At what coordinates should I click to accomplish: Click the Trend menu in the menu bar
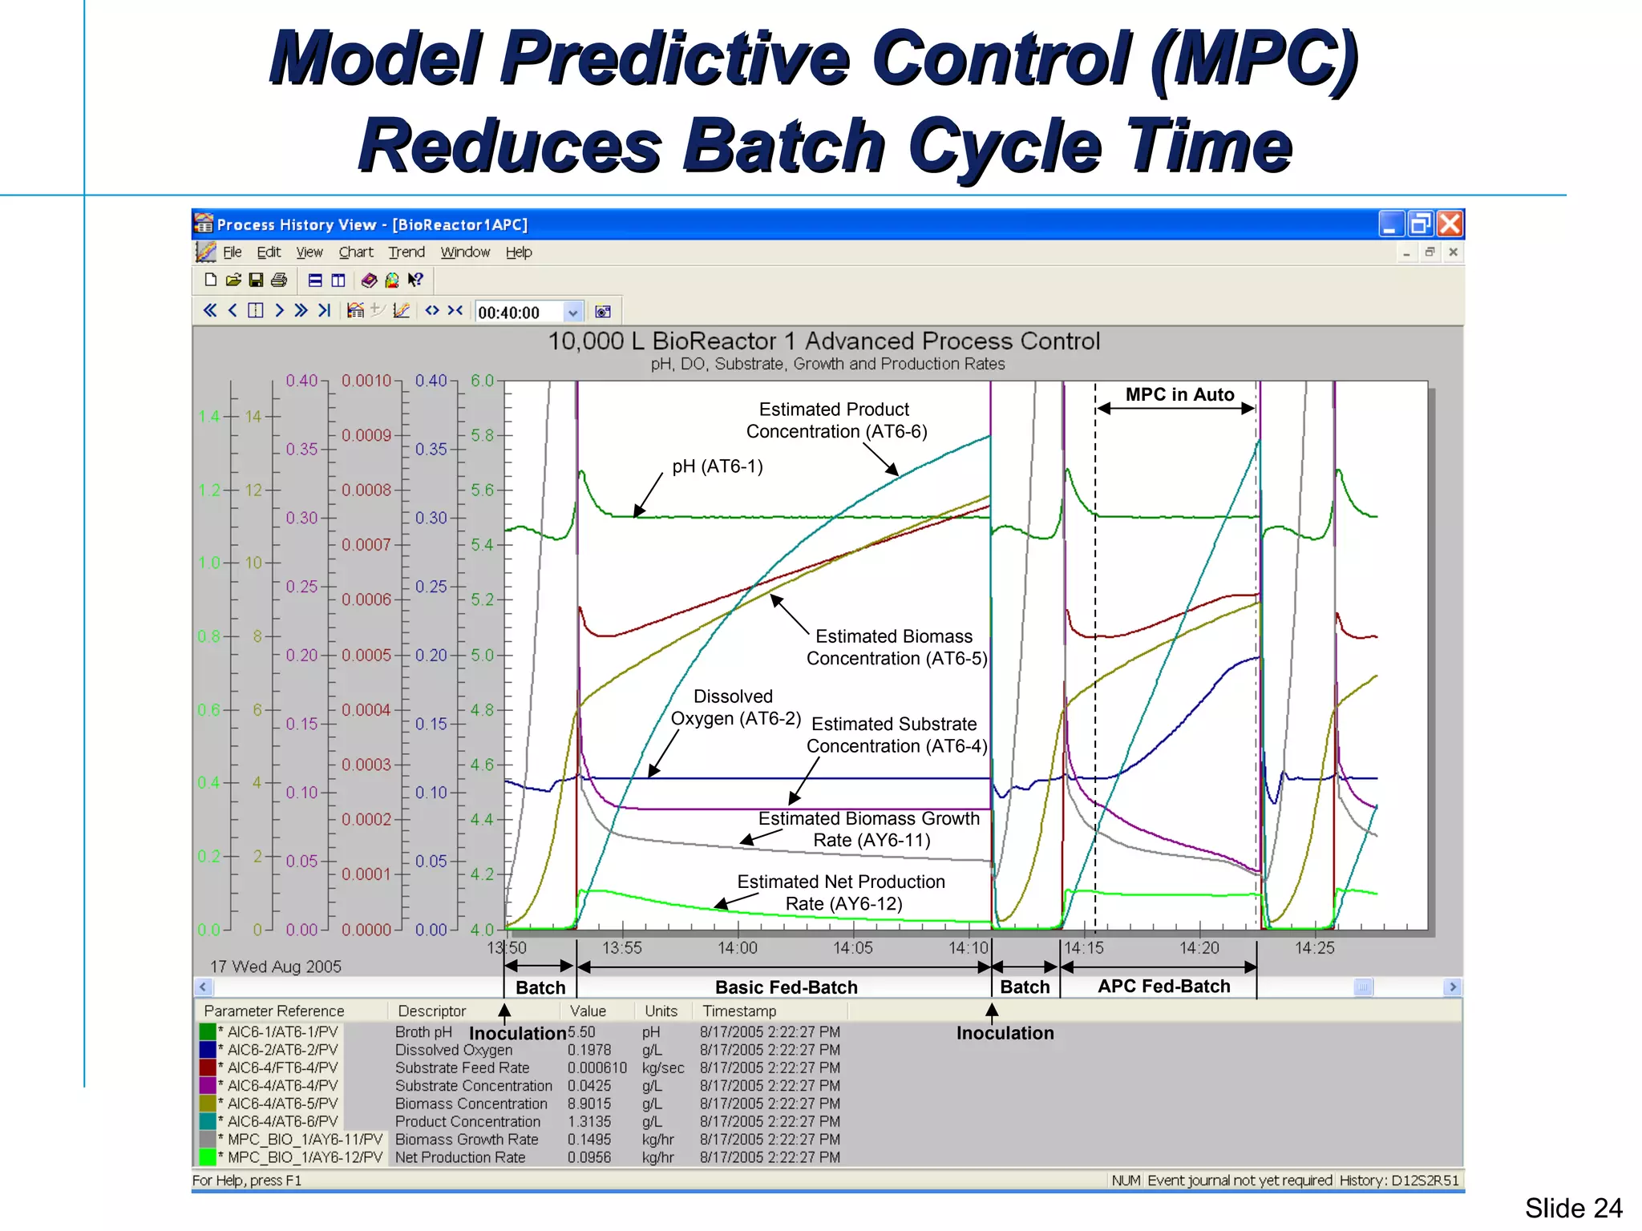coord(406,252)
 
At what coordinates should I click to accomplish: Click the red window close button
coord(1450,224)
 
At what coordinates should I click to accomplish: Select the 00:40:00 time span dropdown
coord(528,313)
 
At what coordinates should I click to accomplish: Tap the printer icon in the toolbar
coord(279,280)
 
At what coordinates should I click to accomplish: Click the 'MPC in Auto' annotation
coord(1179,395)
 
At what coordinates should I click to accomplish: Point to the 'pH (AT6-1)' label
coord(718,466)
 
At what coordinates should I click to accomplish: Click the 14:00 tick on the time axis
coord(737,948)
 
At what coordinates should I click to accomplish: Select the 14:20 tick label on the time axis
coord(1199,948)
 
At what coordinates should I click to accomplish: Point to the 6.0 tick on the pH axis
coord(482,381)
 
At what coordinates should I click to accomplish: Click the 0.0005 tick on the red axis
coord(366,656)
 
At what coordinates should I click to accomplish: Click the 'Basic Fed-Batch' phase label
coord(786,987)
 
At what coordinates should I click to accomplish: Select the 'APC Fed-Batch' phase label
coord(1163,987)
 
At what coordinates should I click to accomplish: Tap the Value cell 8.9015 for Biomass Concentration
coord(589,1104)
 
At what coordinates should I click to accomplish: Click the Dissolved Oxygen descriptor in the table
coord(454,1050)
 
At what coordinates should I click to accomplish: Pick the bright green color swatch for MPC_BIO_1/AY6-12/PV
coord(208,1157)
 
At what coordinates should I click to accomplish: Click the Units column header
coord(661,1011)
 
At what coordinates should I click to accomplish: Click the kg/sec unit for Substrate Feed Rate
coord(663,1068)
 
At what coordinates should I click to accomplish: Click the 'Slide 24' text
coord(1573,1208)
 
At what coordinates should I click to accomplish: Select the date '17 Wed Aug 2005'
coord(276,967)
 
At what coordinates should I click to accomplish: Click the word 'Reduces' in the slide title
coord(510,146)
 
